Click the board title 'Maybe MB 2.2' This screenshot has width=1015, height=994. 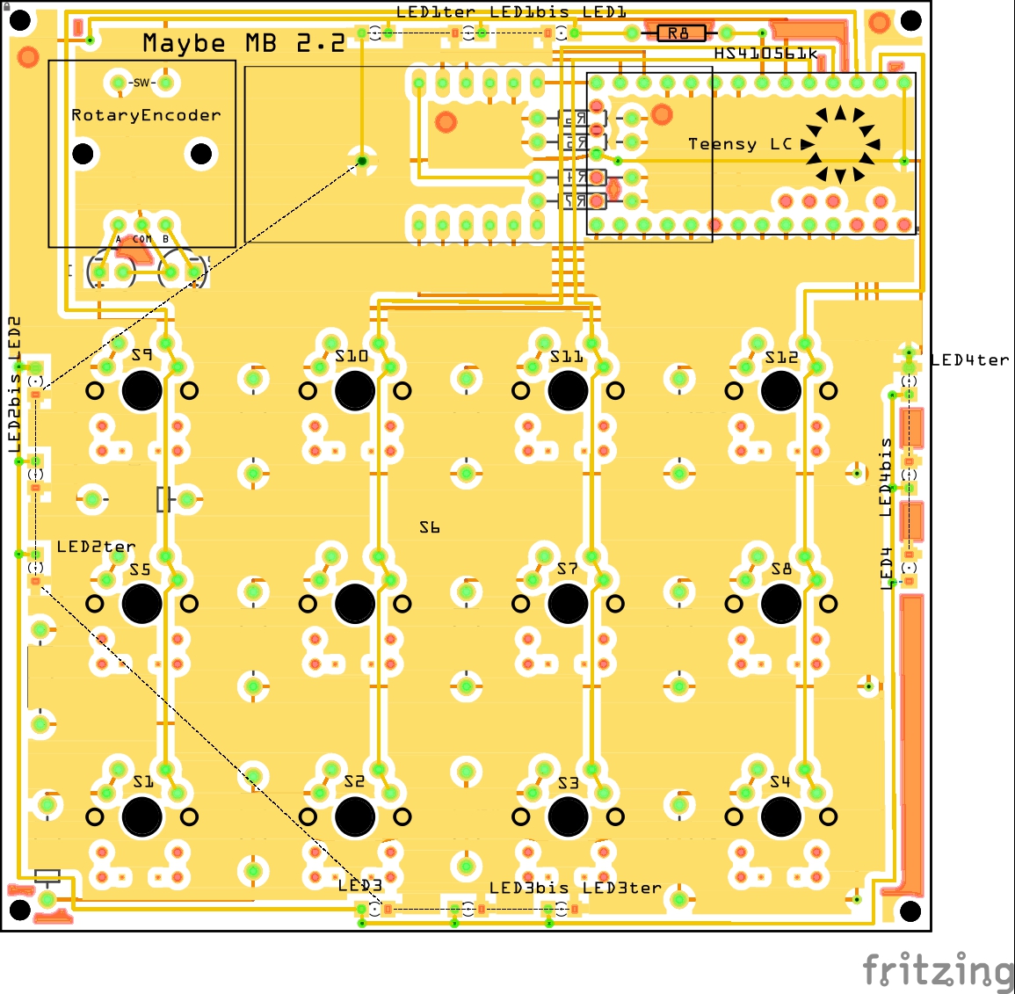tap(243, 43)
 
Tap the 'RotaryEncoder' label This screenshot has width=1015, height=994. tap(146, 115)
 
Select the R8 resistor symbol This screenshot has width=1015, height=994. tap(680, 33)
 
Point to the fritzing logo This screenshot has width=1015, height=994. tap(938, 971)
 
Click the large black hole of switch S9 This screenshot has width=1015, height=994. tap(141, 391)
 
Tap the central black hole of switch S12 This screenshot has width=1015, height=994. tap(780, 391)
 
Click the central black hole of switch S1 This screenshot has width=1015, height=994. tap(141, 816)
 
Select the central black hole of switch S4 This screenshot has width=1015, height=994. tap(780, 816)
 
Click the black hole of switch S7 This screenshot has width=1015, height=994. tap(568, 604)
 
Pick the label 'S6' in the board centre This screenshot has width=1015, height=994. tap(430, 527)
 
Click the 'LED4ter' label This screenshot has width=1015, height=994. tap(970, 360)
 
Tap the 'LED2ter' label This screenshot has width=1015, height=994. tap(96, 547)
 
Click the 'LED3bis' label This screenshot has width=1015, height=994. tap(529, 888)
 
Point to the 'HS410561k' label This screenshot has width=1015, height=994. tap(765, 54)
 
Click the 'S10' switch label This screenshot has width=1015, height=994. tap(352, 356)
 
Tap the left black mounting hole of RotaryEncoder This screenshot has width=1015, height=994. tap(83, 154)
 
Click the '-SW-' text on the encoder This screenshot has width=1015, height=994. tap(141, 83)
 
